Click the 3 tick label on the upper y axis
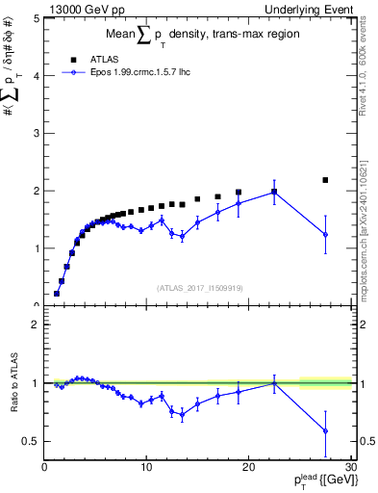pyautogui.click(x=35, y=133)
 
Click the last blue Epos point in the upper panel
pyautogui.click(x=325, y=234)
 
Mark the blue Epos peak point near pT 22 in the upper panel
pyautogui.click(x=274, y=192)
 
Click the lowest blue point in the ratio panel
pyautogui.click(x=325, y=430)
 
